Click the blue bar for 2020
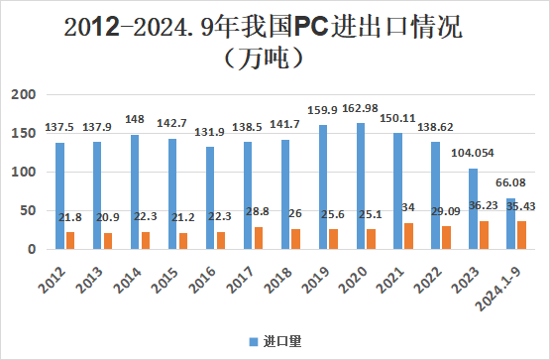point(360,186)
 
